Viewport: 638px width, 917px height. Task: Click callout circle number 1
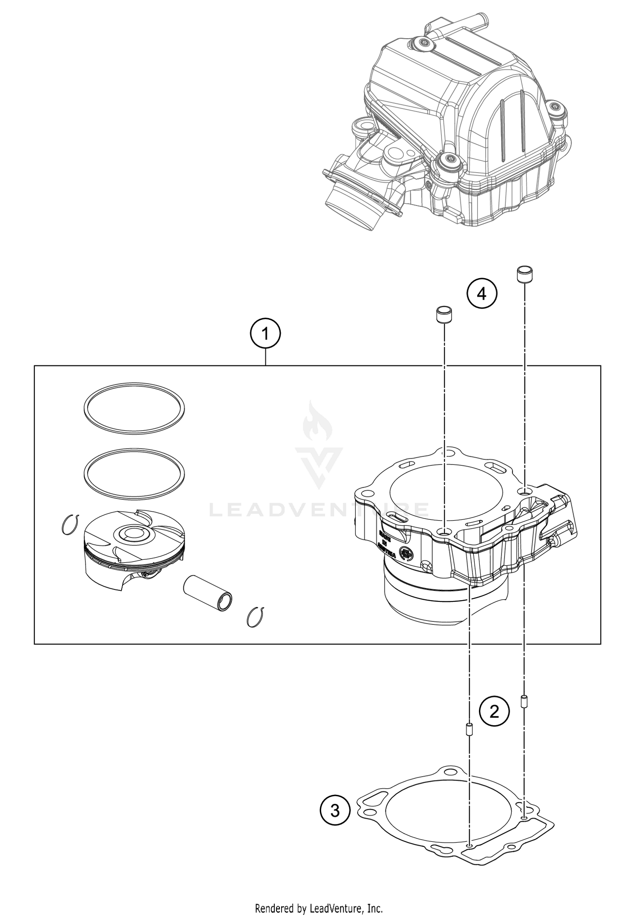[x=265, y=334]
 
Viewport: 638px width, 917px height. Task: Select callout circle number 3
[x=335, y=811]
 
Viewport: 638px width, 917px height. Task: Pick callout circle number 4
[x=481, y=293]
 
